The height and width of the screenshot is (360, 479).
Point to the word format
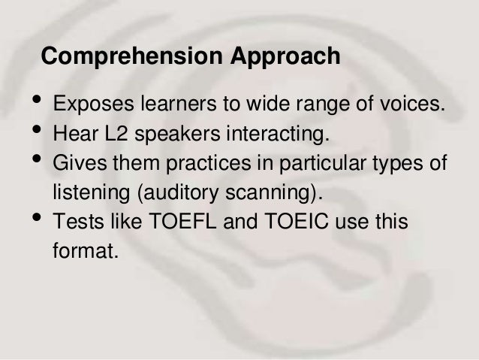tap(86, 253)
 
